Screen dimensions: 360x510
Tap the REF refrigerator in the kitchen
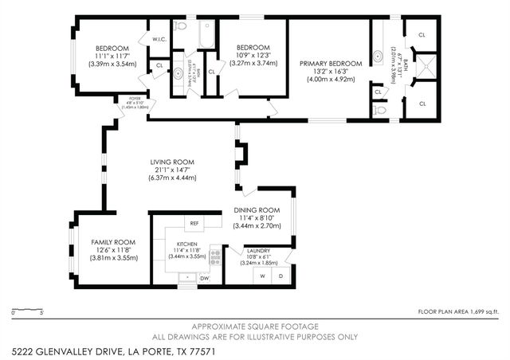coord(194,223)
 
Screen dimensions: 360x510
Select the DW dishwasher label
coord(205,278)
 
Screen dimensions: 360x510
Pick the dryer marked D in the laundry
coord(280,276)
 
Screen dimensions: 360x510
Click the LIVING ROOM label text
coord(172,162)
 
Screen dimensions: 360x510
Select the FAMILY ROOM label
coord(112,242)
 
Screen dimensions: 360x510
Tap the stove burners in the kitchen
coord(214,256)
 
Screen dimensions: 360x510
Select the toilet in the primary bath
coord(381,109)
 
